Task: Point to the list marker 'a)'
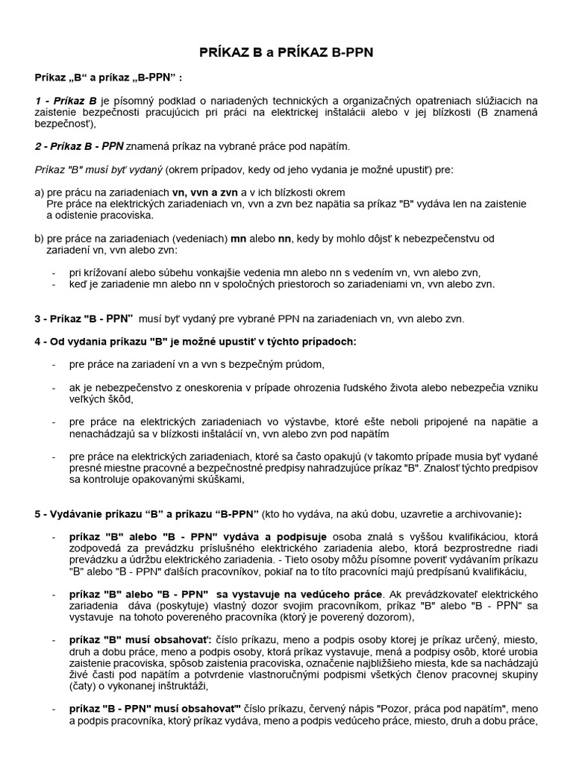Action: [40, 192]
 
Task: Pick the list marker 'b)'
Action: [40, 238]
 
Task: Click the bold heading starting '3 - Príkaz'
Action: [84, 318]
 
